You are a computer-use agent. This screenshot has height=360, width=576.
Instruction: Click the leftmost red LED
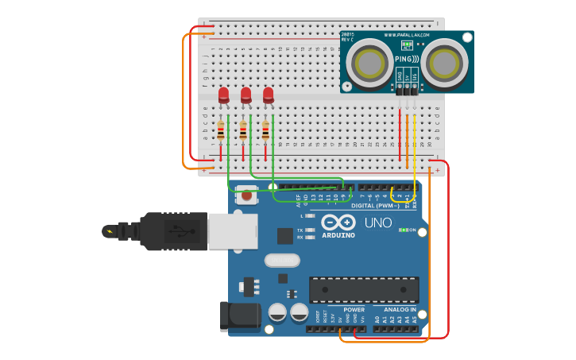pyautogui.click(x=223, y=95)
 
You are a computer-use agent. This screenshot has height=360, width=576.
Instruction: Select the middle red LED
pyautogui.click(x=245, y=95)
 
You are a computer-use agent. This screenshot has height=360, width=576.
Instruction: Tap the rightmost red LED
pyautogui.click(x=268, y=95)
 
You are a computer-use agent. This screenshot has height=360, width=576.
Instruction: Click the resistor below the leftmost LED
pyautogui.click(x=221, y=130)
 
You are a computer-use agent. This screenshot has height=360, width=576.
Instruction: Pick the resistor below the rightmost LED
pyautogui.click(x=265, y=130)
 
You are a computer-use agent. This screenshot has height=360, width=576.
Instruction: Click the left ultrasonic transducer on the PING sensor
pyautogui.click(x=370, y=62)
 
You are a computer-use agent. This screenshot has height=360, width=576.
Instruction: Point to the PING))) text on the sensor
pyautogui.click(x=407, y=59)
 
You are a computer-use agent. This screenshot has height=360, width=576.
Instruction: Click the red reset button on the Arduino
pyautogui.click(x=246, y=195)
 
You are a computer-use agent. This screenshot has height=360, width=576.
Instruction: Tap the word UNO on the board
pyautogui.click(x=378, y=223)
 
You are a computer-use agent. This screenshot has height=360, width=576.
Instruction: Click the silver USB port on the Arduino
pyautogui.click(x=232, y=230)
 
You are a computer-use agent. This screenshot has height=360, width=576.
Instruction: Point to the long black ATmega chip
pyautogui.click(x=364, y=289)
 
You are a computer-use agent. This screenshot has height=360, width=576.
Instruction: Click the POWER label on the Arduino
pyautogui.click(x=354, y=310)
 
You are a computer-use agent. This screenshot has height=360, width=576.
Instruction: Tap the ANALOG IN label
pyautogui.click(x=400, y=310)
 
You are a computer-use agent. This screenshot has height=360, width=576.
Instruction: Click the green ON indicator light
pyautogui.click(x=403, y=230)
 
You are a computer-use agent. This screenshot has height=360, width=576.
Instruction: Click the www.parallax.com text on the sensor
pyautogui.click(x=407, y=35)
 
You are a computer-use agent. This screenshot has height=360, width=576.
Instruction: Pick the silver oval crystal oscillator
pyautogui.click(x=282, y=260)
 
